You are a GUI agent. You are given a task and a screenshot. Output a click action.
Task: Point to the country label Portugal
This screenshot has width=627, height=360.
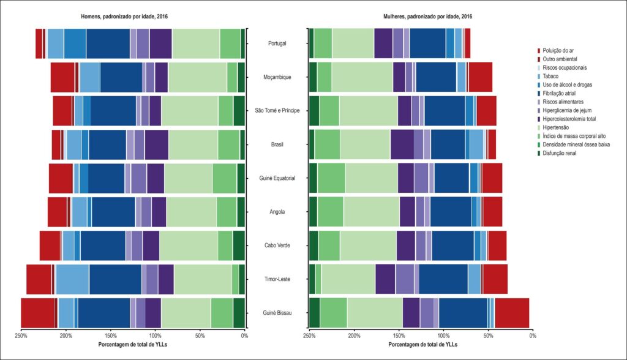click(x=277, y=43)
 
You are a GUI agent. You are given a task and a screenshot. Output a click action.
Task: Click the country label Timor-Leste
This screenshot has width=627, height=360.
click(x=277, y=279)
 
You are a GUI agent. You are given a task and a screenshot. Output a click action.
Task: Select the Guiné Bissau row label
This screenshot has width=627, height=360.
click(x=277, y=313)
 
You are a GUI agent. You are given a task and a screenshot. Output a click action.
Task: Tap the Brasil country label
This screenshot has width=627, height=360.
click(x=277, y=144)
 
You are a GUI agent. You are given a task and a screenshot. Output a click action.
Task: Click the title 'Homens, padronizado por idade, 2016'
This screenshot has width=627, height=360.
click(x=124, y=17)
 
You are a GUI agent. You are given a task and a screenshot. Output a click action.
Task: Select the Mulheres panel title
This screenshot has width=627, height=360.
click(x=427, y=17)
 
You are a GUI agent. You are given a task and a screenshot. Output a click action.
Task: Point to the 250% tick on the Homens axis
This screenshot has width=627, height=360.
click(x=21, y=336)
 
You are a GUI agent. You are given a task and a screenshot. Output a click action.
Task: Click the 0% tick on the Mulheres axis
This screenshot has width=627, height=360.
click(x=533, y=336)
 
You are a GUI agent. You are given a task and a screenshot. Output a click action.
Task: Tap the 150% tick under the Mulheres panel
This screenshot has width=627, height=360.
click(x=399, y=336)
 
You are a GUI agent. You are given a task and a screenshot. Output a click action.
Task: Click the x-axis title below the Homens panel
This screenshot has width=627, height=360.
click(x=133, y=344)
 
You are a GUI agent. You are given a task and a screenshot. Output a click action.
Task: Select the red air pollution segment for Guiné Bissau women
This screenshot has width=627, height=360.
click(x=512, y=313)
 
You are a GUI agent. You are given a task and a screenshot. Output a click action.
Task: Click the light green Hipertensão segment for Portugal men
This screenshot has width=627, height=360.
click(x=196, y=43)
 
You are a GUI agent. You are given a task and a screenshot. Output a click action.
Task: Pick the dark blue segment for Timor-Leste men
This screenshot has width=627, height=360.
click(x=116, y=279)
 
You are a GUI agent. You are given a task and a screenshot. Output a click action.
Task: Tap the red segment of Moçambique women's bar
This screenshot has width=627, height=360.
click(x=480, y=77)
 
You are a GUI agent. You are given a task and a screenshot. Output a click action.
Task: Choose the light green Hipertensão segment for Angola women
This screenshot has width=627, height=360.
click(x=372, y=212)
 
